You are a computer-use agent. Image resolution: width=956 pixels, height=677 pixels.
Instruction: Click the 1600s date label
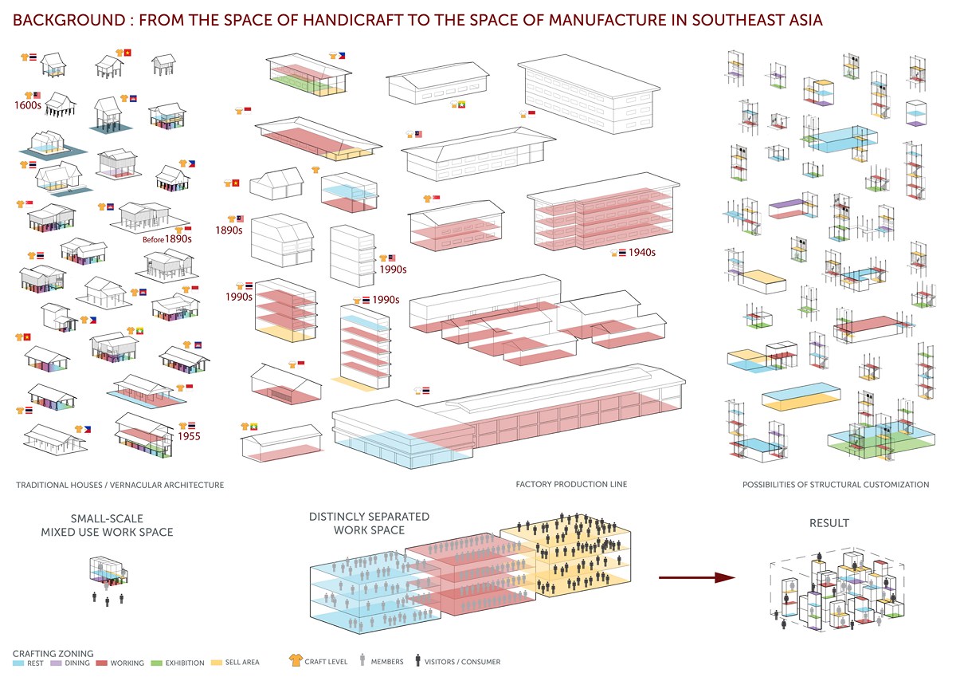28,105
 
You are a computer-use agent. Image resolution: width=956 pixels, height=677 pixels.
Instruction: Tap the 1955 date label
189,436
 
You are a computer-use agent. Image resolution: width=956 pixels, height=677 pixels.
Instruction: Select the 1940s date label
642,253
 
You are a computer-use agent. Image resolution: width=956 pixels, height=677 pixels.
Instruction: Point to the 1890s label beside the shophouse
229,230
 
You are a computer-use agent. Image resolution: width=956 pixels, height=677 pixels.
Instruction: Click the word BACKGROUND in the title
69,20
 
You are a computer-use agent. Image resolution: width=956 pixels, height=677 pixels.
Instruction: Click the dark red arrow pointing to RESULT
696,578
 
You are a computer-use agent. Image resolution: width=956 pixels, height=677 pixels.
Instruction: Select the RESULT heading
829,523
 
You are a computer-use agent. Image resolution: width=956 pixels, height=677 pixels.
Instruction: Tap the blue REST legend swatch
18,663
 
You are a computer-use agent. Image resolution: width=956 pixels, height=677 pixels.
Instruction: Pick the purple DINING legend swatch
56,663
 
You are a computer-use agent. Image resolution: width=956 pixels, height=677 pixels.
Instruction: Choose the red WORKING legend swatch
102,663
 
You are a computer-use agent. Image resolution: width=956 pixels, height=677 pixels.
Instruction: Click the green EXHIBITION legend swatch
157,663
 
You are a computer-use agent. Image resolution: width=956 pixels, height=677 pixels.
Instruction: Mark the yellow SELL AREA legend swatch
217,663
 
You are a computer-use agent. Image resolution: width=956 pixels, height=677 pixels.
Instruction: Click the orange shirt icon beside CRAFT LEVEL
296,660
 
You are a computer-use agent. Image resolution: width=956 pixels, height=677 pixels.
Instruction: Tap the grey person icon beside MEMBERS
362,660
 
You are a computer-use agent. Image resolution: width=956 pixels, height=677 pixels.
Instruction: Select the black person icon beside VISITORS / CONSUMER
417,660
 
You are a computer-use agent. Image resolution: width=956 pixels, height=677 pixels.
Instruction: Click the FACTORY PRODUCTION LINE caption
571,484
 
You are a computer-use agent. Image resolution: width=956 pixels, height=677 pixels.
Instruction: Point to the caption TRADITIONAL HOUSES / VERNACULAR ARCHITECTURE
120,485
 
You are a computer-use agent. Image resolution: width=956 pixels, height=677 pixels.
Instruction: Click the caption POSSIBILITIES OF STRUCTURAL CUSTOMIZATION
836,485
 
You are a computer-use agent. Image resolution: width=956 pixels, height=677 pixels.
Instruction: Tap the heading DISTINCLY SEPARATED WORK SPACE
369,523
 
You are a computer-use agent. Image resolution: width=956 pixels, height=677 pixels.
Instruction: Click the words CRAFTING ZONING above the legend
53,654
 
